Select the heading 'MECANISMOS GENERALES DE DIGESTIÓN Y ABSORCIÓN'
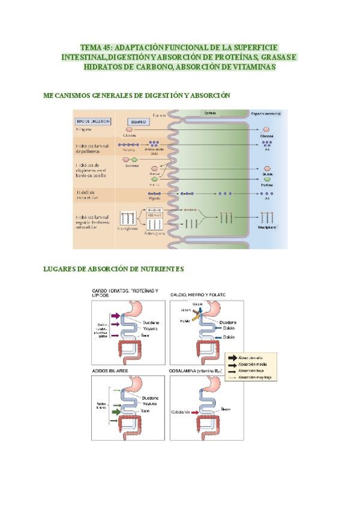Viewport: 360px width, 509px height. (137, 95)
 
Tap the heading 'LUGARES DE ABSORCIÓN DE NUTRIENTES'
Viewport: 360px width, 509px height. (113, 270)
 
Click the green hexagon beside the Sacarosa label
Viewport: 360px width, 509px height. (134, 160)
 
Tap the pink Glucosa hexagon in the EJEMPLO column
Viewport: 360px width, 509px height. (129, 129)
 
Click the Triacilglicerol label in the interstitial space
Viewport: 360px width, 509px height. (266, 228)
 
